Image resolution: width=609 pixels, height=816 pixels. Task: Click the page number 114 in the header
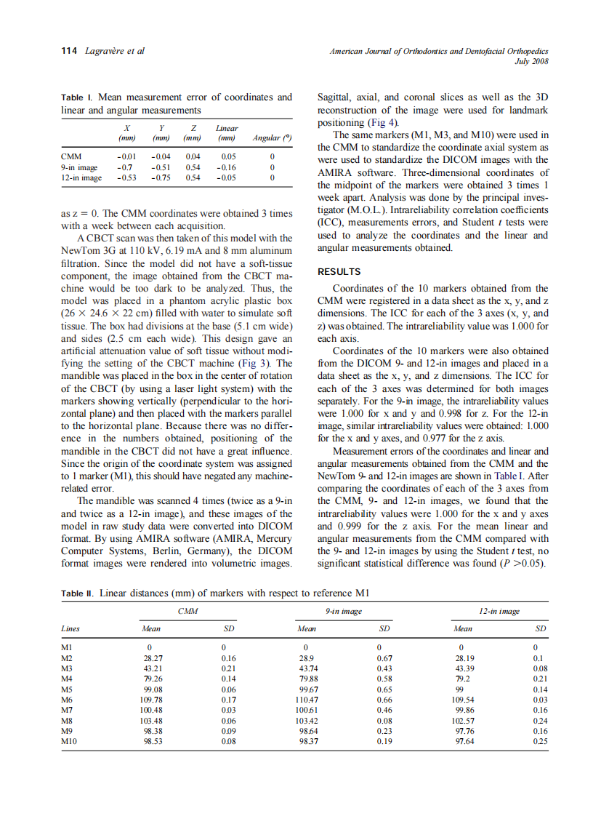(68, 51)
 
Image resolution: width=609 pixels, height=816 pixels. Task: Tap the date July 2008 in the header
(531, 61)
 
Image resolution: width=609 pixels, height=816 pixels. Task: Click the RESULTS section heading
(340, 272)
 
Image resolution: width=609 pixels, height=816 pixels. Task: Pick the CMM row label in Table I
(71, 156)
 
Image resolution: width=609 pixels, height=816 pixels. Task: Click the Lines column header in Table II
(72, 628)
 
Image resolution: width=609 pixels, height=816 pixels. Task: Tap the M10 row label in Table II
(70, 742)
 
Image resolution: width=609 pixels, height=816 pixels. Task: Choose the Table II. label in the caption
(78, 593)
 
